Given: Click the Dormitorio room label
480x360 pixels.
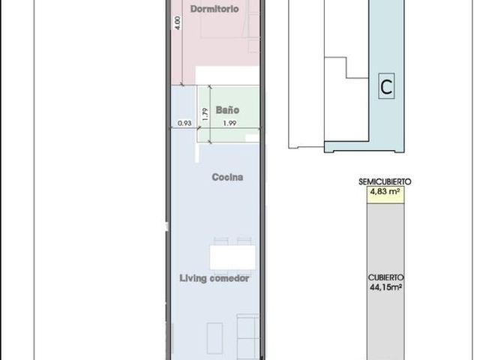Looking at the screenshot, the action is click(x=214, y=9).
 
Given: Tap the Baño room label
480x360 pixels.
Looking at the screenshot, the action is click(x=227, y=110).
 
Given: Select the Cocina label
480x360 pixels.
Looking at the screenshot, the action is click(x=227, y=177).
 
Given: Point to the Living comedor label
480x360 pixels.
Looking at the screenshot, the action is click(x=214, y=278).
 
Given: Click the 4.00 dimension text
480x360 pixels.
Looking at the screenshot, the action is click(x=177, y=22).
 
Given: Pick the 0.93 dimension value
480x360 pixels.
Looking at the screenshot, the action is click(x=184, y=123).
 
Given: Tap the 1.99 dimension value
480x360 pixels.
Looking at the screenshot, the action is click(x=229, y=123).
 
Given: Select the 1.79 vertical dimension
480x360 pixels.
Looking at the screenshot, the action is click(x=205, y=114).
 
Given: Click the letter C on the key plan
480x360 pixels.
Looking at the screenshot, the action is click(x=386, y=87).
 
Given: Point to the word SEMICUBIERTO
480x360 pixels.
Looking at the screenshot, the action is click(x=385, y=181).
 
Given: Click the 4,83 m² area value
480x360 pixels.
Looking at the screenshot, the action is click(x=385, y=192).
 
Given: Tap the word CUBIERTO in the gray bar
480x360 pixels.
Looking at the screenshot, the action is click(x=385, y=277).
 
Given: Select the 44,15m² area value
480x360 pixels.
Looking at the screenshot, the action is click(x=385, y=287).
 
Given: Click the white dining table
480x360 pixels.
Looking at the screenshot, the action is click(x=232, y=257).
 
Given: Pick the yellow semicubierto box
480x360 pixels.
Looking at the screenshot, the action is click(x=385, y=195).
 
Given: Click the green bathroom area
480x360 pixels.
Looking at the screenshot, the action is click(x=228, y=114).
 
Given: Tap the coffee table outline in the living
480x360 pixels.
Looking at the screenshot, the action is click(x=214, y=338).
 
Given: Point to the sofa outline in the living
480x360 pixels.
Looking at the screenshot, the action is click(x=248, y=337).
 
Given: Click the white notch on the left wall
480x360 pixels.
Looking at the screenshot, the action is click(x=166, y=226).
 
